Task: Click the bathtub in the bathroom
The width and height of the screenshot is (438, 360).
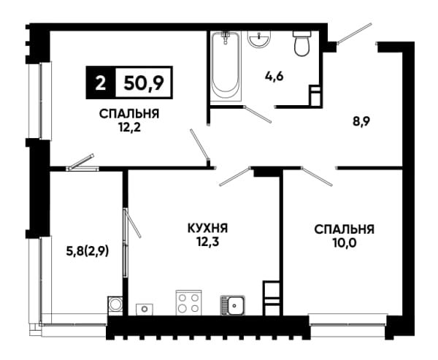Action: point(225,66)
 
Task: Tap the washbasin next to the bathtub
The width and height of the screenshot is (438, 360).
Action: point(259,39)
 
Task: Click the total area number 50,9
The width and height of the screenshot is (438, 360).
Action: point(144,83)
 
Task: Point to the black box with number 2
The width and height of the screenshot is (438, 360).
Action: point(101,83)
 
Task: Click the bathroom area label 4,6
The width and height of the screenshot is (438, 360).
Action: point(274,76)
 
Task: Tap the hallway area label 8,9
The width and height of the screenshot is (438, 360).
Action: point(361,122)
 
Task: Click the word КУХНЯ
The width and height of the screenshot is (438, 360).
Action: point(207,229)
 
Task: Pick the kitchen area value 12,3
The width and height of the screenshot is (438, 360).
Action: point(207,242)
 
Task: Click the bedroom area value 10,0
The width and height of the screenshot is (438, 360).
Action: point(344,242)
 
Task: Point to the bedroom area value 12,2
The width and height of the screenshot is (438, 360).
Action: point(129,128)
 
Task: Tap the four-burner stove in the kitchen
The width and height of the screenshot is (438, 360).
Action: point(189,303)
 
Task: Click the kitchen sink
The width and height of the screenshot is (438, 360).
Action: point(233,305)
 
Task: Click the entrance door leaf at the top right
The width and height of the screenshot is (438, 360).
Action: point(355,34)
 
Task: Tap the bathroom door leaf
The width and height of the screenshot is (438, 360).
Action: point(258,114)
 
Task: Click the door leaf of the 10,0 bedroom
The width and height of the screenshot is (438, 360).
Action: point(317,176)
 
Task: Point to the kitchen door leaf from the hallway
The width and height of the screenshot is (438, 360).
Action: point(234,176)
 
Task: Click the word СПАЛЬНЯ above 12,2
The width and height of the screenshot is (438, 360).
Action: point(129,114)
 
